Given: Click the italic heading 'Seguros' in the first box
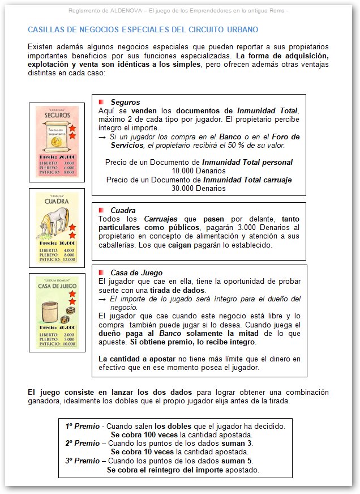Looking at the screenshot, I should [x=125, y=102].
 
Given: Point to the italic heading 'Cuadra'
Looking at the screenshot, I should [x=123, y=210].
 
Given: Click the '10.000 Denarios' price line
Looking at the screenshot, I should [x=199, y=170].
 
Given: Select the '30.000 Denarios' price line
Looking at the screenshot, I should [x=199, y=188].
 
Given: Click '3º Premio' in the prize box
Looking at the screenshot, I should [x=82, y=461].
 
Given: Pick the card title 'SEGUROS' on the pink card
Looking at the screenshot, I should [x=56, y=115].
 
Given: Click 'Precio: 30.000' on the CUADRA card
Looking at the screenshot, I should [x=57, y=242].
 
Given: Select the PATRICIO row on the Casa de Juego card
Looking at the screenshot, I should [x=57, y=343].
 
